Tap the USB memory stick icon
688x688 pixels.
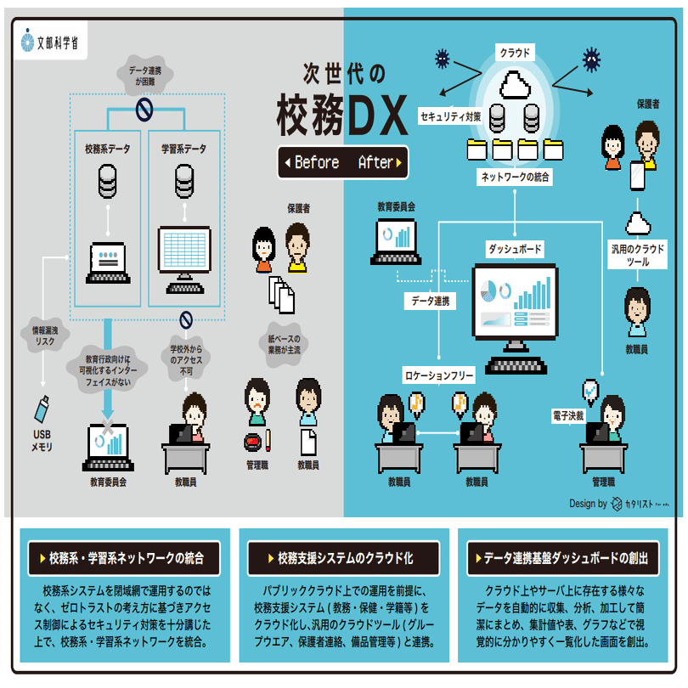pyautogui.click(x=41, y=409)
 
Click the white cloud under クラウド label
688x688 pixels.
pyautogui.click(x=515, y=85)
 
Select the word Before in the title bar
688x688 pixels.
pyautogui.click(x=312, y=162)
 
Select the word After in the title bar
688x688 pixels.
pyautogui.click(x=375, y=162)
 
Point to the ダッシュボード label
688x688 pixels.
pyautogui.click(x=515, y=249)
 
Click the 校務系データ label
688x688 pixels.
pyautogui.click(x=108, y=149)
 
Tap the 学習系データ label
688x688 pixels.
pyautogui.click(x=184, y=149)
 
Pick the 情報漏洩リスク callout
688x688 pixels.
pyautogui.click(x=41, y=334)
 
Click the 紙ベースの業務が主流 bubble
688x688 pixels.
pyautogui.click(x=285, y=343)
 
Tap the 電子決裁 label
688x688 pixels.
pyautogui.click(x=567, y=417)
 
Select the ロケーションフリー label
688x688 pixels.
pyautogui.click(x=438, y=374)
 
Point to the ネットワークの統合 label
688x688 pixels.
pyautogui.click(x=516, y=178)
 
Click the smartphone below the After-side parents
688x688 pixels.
pyautogui.click(x=637, y=175)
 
